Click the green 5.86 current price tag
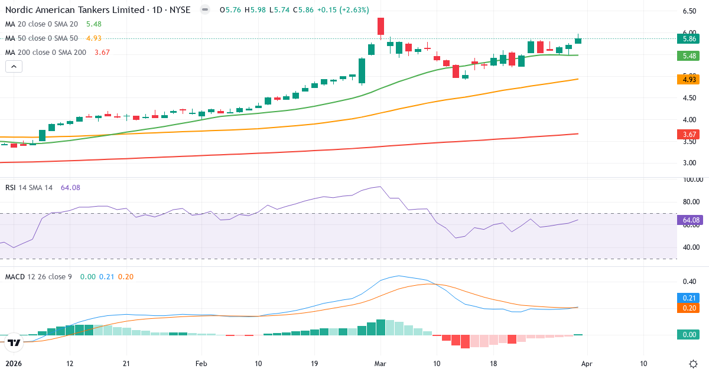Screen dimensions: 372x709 click(x=688, y=39)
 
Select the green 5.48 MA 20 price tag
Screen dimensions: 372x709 click(x=688, y=56)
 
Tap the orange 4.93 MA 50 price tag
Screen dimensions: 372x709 click(x=688, y=79)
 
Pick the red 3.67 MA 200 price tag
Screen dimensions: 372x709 click(x=688, y=135)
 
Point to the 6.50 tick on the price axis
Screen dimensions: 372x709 click(x=688, y=11)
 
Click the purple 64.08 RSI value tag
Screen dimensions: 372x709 click(x=688, y=220)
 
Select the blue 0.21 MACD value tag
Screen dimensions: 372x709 click(x=688, y=298)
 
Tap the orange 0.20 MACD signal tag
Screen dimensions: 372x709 click(x=688, y=308)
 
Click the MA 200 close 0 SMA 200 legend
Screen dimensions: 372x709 click(x=45, y=52)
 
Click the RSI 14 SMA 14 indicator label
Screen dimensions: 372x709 click(x=29, y=187)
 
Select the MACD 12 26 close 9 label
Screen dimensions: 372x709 click(x=38, y=276)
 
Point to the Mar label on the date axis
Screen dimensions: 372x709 click(x=381, y=363)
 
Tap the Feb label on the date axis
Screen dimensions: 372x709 click(x=201, y=363)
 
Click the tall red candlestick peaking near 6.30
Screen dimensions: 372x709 click(x=381, y=27)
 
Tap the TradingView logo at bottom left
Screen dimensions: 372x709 click(x=15, y=342)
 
